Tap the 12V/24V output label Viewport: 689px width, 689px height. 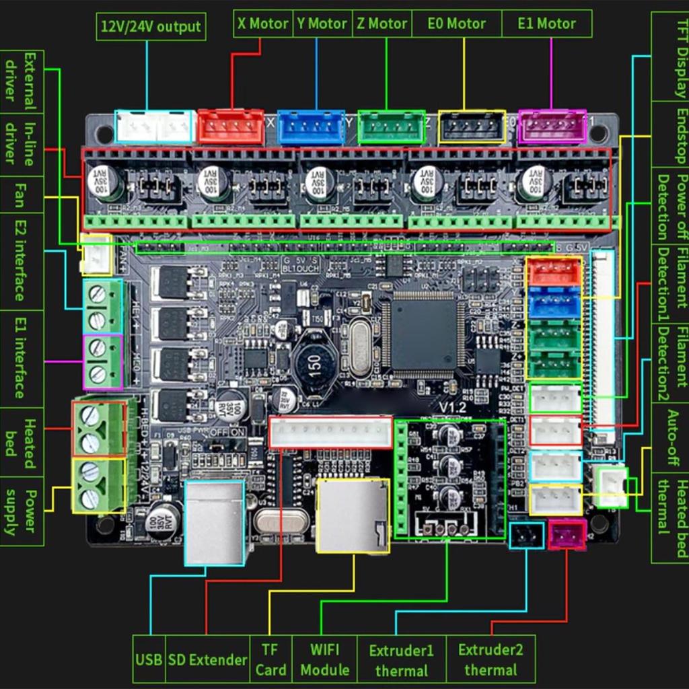point(151,27)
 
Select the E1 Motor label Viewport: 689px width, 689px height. point(547,24)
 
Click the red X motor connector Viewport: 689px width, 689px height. point(231,126)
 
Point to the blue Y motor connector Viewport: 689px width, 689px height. point(311,127)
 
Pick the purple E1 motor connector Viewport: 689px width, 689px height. point(552,126)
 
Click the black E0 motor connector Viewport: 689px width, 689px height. point(472,126)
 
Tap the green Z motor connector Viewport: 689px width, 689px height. point(391,127)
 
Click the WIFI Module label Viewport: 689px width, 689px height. point(325,659)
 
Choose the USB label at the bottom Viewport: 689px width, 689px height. point(149,659)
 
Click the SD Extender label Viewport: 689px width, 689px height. point(207,659)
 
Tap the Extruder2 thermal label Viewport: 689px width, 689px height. point(491,659)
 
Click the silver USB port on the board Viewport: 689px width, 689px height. point(214,522)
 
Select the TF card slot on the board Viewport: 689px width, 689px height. point(352,515)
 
